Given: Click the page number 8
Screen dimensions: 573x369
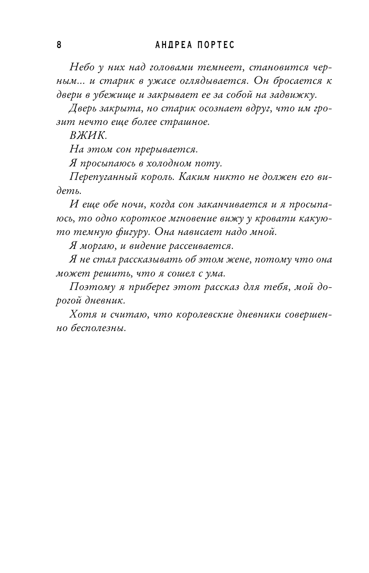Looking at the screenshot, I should click(59, 45).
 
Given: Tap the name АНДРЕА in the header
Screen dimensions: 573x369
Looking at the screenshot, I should click(171, 45).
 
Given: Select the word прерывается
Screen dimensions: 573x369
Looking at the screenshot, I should click(166, 150).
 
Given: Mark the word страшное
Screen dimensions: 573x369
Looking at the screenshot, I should click(189, 123).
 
